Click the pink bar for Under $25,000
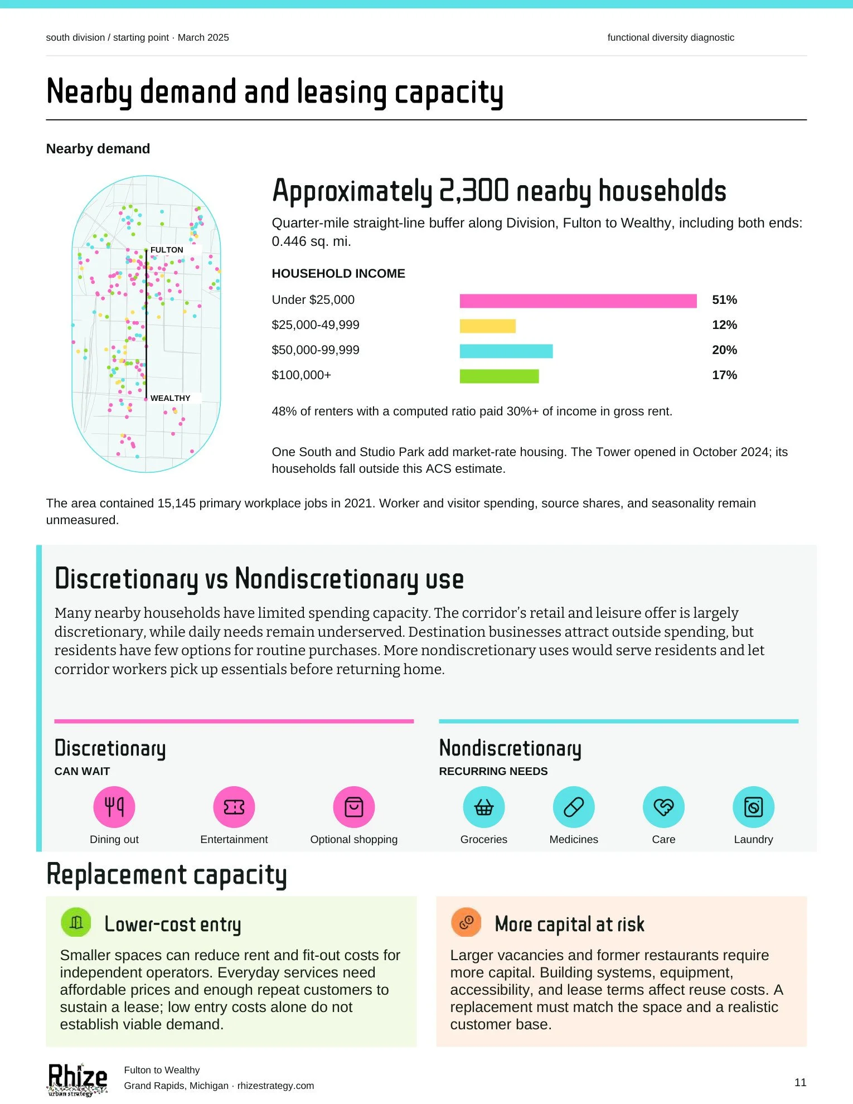(578, 301)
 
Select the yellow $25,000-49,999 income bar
(487, 326)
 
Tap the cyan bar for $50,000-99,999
(506, 351)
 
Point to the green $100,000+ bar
(499, 376)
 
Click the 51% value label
(724, 300)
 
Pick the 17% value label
(724, 375)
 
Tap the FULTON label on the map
(167, 250)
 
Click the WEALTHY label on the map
(170, 398)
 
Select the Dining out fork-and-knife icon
(114, 807)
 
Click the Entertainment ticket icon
(234, 807)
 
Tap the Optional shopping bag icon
(354, 807)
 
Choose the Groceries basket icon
(484, 807)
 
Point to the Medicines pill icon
(574, 807)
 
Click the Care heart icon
(663, 807)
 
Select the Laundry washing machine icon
(753, 807)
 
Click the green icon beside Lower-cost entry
(76, 923)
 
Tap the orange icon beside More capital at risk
(466, 923)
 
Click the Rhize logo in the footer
(77, 1079)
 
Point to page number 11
(801, 1082)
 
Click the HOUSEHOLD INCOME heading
(338, 274)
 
